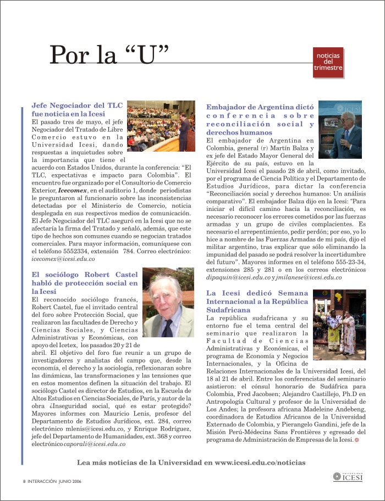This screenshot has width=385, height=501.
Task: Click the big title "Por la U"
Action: point(109,55)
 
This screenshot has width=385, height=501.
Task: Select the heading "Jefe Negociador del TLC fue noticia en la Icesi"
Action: point(77,108)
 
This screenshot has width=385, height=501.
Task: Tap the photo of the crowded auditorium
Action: point(161,126)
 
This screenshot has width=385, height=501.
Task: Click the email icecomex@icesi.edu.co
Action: point(63,258)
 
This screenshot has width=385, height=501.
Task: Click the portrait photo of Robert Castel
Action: point(168,302)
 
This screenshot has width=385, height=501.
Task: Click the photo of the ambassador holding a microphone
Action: point(340,130)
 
